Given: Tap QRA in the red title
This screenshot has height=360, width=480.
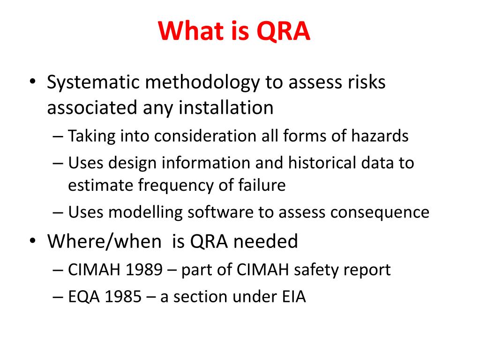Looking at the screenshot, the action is [x=283, y=32].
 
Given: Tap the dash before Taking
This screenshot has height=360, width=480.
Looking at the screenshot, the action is [x=58, y=136].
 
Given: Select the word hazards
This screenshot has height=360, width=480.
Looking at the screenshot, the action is [x=380, y=135].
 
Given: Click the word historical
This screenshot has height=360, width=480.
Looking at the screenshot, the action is [x=322, y=162].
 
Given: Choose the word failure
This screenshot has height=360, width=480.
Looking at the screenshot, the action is [x=262, y=185].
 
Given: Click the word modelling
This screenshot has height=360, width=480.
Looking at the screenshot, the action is [x=145, y=213].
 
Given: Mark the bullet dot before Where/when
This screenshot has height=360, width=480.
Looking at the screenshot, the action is [x=32, y=240].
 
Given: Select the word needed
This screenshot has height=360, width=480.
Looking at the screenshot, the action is [x=265, y=241].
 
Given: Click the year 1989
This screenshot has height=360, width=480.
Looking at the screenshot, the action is [x=144, y=270].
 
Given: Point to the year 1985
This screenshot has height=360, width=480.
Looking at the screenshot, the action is [x=123, y=297].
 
